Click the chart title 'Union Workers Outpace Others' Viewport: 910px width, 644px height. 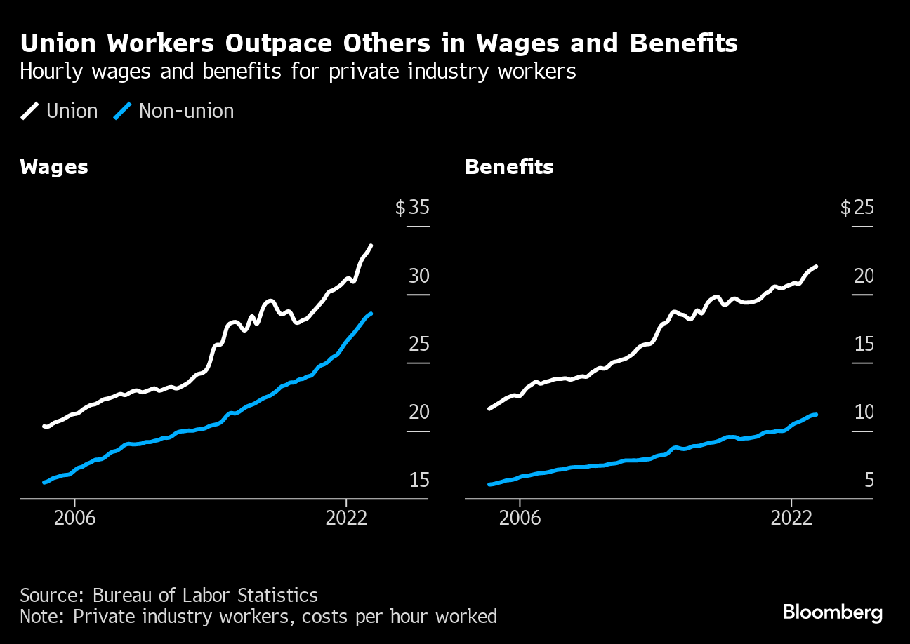click(x=378, y=43)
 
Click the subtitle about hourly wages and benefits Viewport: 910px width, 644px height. click(x=298, y=72)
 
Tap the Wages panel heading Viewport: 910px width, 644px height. click(x=54, y=167)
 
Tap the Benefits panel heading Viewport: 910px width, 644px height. click(x=509, y=167)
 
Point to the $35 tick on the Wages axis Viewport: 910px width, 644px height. click(x=412, y=208)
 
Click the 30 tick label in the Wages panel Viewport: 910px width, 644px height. click(x=418, y=276)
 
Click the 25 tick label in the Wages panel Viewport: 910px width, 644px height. click(x=418, y=344)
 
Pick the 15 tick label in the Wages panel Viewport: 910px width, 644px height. click(x=418, y=481)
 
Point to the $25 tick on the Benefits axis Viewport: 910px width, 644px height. click(x=857, y=208)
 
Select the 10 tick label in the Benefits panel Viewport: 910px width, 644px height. click(x=864, y=412)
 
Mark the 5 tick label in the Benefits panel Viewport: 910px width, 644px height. click(x=869, y=481)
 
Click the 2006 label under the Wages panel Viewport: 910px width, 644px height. click(x=74, y=518)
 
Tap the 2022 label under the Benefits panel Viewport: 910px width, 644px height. click(x=791, y=518)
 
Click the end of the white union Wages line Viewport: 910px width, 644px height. click(x=371, y=246)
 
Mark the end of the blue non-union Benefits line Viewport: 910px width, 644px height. click(x=816, y=415)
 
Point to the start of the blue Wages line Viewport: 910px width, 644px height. click(x=44, y=482)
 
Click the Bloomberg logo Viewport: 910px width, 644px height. click(x=833, y=612)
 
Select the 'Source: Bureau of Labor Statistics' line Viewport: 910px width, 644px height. click(x=169, y=596)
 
